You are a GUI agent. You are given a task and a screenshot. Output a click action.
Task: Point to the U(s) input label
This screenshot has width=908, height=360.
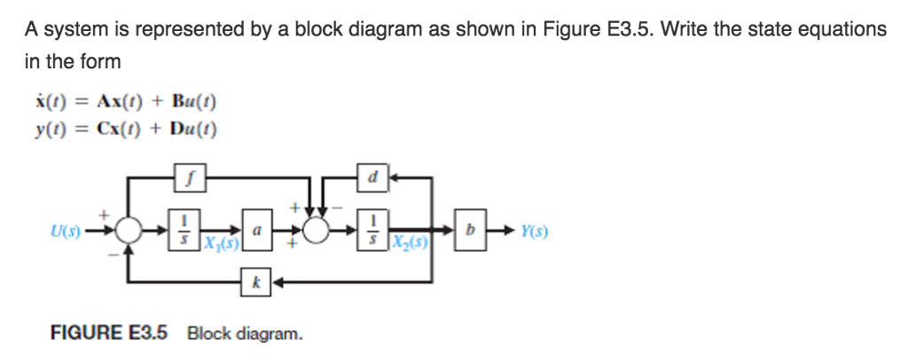67,231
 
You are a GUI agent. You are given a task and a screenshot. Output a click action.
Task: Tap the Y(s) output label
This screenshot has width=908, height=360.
534,231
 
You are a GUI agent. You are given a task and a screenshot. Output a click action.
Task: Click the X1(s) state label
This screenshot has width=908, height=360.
219,240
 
